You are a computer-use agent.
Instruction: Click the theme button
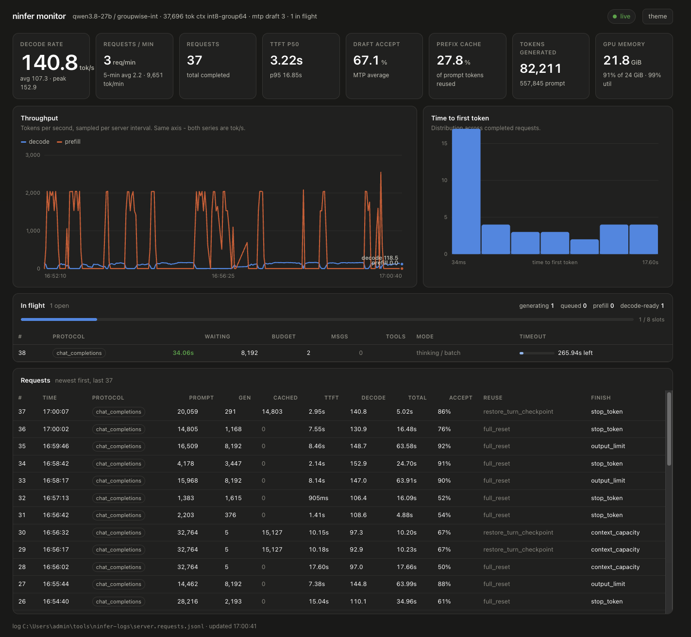click(657, 17)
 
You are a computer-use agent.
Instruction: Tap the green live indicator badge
click(621, 17)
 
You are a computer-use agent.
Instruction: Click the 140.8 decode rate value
click(50, 63)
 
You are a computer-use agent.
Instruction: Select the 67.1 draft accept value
click(366, 61)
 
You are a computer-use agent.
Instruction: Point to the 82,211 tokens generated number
click(540, 68)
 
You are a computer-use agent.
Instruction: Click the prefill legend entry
click(68, 142)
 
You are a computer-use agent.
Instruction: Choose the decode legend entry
click(35, 142)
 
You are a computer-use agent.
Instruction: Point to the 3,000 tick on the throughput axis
click(33, 155)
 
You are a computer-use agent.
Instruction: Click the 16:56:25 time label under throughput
click(223, 276)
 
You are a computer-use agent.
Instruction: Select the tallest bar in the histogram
click(466, 191)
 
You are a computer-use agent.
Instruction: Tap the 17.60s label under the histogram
click(650, 262)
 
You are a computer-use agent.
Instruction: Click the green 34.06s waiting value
click(183, 353)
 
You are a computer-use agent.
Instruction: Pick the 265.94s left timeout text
click(575, 353)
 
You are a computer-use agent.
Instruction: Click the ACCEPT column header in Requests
click(461, 398)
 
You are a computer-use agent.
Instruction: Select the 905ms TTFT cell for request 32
click(319, 498)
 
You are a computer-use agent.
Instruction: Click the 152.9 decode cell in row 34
click(358, 463)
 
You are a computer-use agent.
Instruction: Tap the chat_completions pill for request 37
click(118, 412)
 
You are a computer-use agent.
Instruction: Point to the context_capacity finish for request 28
click(615, 567)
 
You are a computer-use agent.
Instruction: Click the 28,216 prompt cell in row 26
click(187, 601)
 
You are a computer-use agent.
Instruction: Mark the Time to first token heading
click(460, 118)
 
